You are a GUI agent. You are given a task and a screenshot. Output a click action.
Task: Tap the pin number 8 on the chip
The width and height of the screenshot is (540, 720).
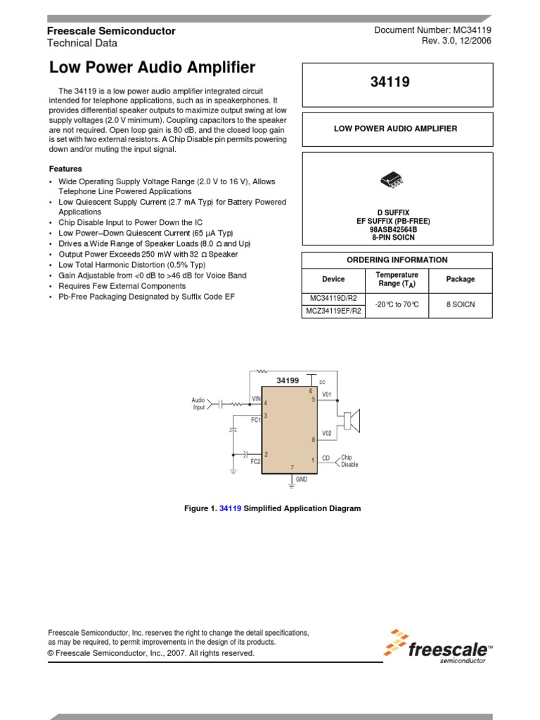[x=313, y=439]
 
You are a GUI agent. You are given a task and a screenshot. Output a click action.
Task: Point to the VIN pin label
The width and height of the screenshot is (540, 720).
[x=256, y=399]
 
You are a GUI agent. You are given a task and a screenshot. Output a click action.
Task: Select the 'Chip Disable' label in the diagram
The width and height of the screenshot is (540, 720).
[x=349, y=461]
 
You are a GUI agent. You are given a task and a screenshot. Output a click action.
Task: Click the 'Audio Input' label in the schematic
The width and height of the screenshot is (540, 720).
[x=198, y=404]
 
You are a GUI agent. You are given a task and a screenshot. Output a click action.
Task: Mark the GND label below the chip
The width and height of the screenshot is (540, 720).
[x=302, y=479]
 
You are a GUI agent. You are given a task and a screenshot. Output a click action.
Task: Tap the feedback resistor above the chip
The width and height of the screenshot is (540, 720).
[x=262, y=371]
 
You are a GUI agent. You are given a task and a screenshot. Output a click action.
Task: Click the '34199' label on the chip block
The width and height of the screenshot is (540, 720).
[x=288, y=380]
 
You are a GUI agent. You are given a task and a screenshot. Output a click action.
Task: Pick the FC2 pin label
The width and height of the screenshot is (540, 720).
[x=255, y=462]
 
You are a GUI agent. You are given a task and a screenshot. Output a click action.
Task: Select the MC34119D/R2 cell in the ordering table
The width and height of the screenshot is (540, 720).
[x=333, y=298]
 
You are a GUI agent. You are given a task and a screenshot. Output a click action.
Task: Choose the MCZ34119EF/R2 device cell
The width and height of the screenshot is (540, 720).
[x=333, y=311]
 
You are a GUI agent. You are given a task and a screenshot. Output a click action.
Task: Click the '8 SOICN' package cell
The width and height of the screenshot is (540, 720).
[x=461, y=304]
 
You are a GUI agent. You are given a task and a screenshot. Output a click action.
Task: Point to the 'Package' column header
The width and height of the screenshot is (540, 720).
[x=461, y=279]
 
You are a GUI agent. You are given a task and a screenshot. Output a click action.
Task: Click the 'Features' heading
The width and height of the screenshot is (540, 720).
[x=65, y=169]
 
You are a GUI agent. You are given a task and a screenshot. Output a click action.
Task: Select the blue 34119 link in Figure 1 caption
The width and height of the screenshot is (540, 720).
[x=231, y=508]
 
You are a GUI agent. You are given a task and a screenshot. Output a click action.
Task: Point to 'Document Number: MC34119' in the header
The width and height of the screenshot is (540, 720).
[x=432, y=30]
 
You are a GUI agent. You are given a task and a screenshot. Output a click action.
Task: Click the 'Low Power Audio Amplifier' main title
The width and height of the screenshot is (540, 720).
[x=152, y=68]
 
